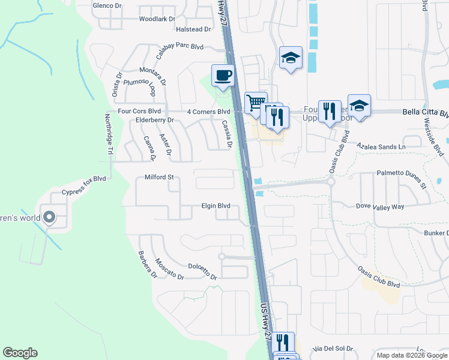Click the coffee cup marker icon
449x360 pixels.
(x=223, y=76)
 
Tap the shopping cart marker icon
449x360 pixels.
(x=256, y=103)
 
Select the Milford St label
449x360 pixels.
(x=159, y=177)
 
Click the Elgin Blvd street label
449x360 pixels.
(x=215, y=206)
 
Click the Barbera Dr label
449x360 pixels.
(x=147, y=265)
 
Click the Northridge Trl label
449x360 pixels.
(x=109, y=134)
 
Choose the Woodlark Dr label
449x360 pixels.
(x=157, y=19)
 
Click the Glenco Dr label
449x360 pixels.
(x=107, y=5)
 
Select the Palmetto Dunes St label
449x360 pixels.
(x=402, y=180)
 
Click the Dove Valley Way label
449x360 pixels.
(x=380, y=206)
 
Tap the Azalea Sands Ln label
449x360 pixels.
(x=381, y=146)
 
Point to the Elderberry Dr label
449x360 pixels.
(x=154, y=120)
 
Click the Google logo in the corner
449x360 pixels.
(x=20, y=353)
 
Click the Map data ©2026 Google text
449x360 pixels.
(x=411, y=355)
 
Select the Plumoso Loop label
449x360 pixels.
(x=140, y=88)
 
